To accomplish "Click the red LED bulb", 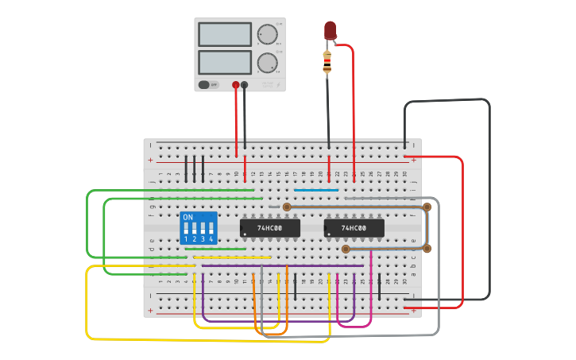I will click(x=330, y=30).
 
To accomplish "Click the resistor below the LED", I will click(x=327, y=62).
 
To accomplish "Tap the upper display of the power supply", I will click(x=225, y=34).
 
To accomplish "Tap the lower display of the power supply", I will click(x=225, y=62).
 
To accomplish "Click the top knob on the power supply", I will click(x=268, y=34).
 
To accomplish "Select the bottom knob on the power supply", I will click(x=268, y=63).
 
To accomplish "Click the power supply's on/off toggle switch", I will click(x=205, y=84).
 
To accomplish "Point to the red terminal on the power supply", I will click(x=235, y=85).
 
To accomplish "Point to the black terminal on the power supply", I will click(x=245, y=85).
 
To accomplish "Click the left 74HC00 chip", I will click(x=270, y=228).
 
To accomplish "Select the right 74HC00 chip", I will click(x=354, y=228).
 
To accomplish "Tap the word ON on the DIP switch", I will click(x=187, y=217).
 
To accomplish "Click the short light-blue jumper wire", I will click(x=316, y=190).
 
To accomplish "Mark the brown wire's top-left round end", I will click(x=287, y=207).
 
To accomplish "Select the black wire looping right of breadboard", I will click(x=489, y=199).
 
